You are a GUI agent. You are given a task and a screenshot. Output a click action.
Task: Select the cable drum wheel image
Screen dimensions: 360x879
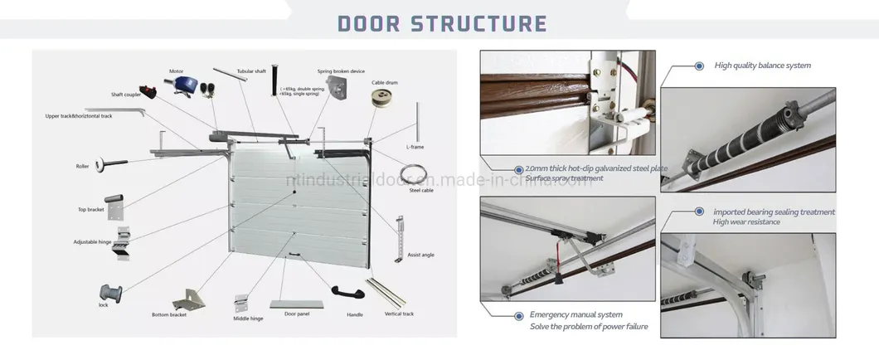pos(381,97)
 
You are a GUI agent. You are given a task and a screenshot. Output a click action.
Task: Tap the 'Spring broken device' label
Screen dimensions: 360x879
pos(340,71)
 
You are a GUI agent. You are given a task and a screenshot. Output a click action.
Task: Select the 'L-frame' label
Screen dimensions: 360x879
pos(415,146)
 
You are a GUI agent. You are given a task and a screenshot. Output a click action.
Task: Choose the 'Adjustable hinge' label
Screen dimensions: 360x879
pos(92,242)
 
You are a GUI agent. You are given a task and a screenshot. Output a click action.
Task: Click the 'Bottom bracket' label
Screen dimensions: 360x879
pos(170,314)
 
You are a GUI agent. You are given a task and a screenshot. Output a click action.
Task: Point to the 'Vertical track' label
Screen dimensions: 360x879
pos(399,314)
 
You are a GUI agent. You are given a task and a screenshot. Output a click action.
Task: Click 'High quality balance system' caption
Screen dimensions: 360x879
pos(762,65)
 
